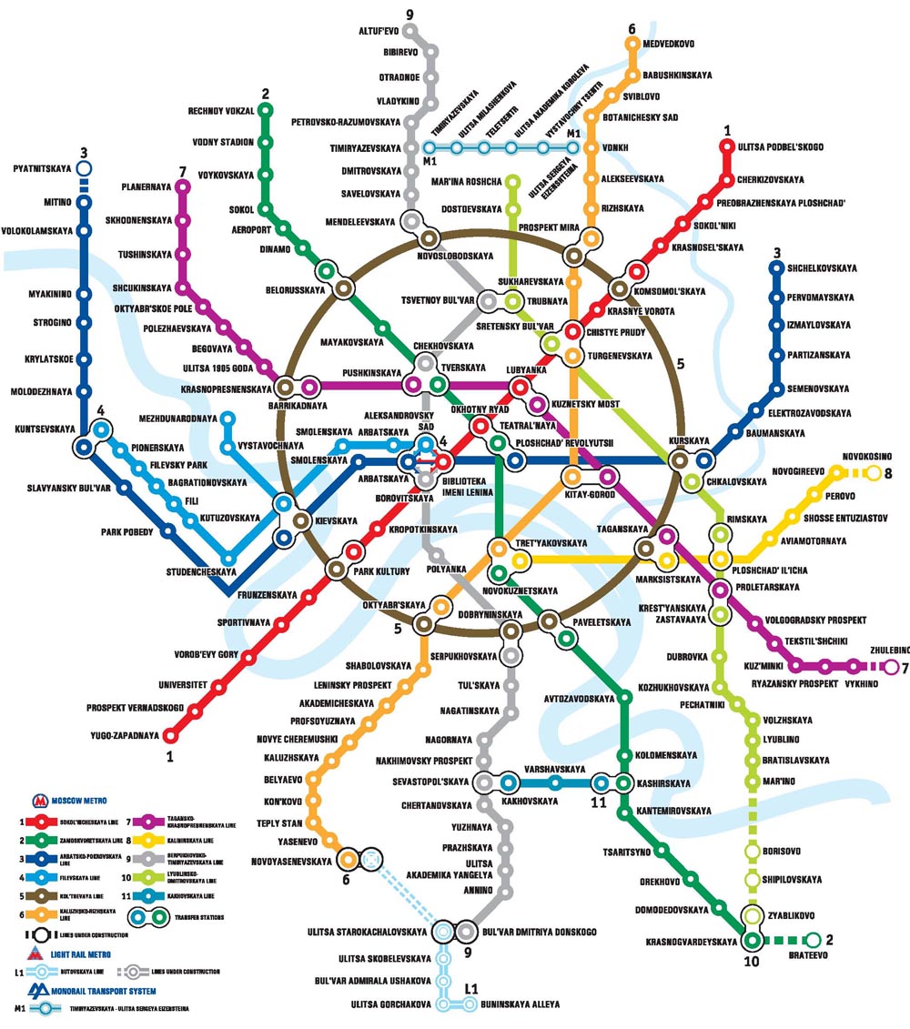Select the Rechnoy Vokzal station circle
266,111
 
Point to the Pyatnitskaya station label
43,168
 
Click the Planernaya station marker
183,187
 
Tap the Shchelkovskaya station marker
776,268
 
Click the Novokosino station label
866,456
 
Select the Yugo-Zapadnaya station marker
169,735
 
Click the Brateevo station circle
814,940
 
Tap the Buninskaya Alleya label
521,1004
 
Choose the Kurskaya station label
688,441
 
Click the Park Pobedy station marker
167,531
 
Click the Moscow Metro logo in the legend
41,801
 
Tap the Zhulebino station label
887,651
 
